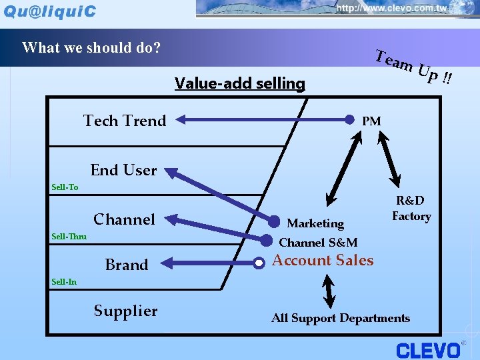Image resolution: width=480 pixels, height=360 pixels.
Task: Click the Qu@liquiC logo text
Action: point(50,11)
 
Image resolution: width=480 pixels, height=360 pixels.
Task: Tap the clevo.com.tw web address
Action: point(391,9)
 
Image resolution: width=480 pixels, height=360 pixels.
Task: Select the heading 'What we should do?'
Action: point(91,48)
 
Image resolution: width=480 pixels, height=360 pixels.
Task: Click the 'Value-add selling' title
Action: point(239,83)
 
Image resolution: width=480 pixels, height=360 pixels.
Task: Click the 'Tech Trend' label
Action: point(125,121)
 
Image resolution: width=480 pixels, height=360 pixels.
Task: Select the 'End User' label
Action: point(123,170)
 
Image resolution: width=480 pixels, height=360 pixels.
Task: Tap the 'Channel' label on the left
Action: point(124,219)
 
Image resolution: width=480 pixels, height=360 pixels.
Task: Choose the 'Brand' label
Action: point(126,265)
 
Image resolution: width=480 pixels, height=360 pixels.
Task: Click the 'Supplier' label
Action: point(125,311)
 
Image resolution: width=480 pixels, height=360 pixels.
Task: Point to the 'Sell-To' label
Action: point(65,187)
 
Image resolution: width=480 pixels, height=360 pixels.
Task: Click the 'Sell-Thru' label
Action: point(69,236)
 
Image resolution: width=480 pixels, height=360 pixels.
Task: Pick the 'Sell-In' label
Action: point(64,281)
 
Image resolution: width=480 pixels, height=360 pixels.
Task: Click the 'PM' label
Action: point(371,121)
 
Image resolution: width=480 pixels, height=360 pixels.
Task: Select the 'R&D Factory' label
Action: point(411,208)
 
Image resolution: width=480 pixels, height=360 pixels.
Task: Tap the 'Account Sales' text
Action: point(323,261)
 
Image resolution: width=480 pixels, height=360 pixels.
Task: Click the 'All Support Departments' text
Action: point(341,318)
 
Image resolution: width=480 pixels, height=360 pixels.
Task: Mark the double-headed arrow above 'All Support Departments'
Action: point(327,291)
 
